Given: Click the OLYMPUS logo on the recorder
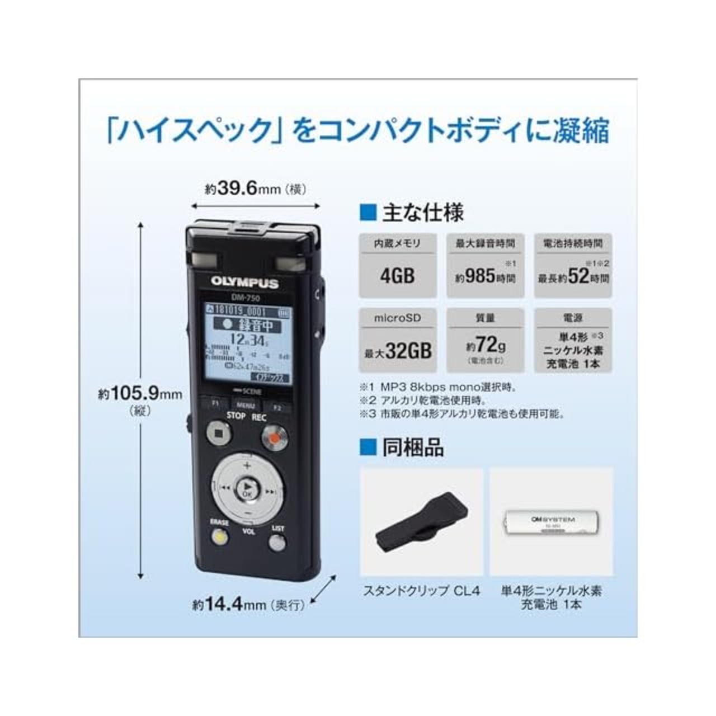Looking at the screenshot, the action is click(x=244, y=282).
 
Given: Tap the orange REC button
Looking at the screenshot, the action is click(x=274, y=437).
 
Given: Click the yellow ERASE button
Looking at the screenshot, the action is click(x=220, y=538).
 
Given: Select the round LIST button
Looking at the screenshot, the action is click(x=277, y=542).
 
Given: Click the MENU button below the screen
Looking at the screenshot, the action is click(x=246, y=406).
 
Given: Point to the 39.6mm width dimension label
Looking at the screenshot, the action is click(x=256, y=189).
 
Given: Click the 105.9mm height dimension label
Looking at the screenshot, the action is click(x=140, y=395).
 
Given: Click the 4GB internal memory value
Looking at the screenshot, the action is click(x=397, y=276).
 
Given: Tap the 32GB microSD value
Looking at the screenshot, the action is click(x=398, y=351).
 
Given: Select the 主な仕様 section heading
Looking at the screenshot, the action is click(x=422, y=213).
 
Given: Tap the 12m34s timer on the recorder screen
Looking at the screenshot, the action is click(x=248, y=341).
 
